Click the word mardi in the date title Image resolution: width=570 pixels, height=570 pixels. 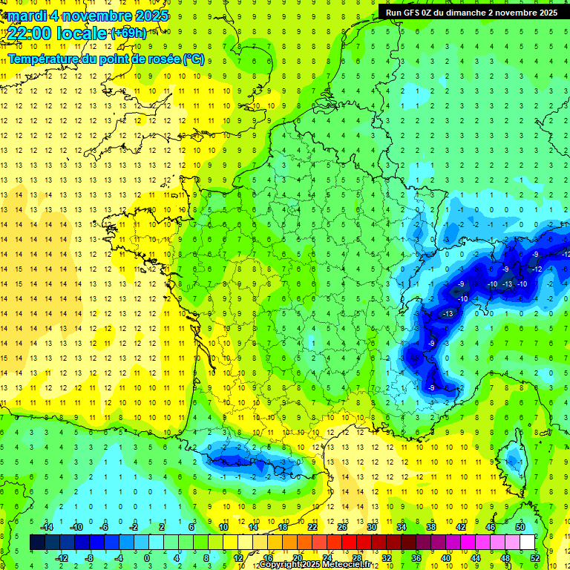tap(27, 16)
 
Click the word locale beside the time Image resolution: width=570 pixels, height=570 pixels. tap(83, 33)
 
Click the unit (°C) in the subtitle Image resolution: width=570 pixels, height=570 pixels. tap(194, 59)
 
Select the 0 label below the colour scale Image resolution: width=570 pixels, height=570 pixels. tap(147, 557)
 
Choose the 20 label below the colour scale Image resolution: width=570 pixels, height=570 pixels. tap(298, 557)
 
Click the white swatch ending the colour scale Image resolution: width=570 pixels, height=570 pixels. tap(527, 542)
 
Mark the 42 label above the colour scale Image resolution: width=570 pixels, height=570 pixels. tap(461, 527)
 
